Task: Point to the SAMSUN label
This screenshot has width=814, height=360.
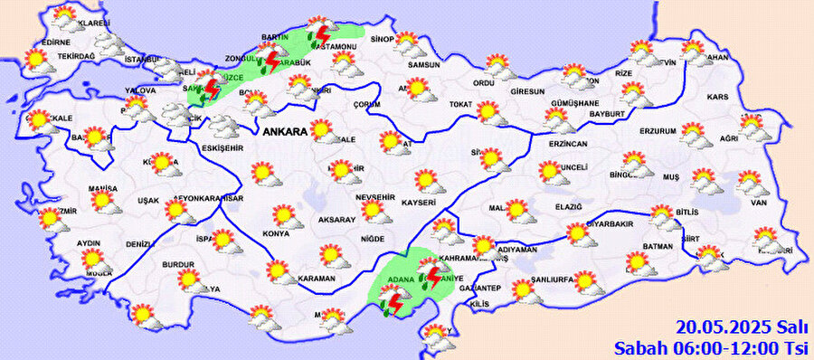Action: click(423, 65)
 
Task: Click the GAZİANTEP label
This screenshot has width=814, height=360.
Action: click(480, 288)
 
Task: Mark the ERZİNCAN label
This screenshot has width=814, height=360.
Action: click(567, 144)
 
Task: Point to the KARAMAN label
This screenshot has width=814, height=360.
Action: click(317, 278)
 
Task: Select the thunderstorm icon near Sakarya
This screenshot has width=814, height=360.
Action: click(210, 87)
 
